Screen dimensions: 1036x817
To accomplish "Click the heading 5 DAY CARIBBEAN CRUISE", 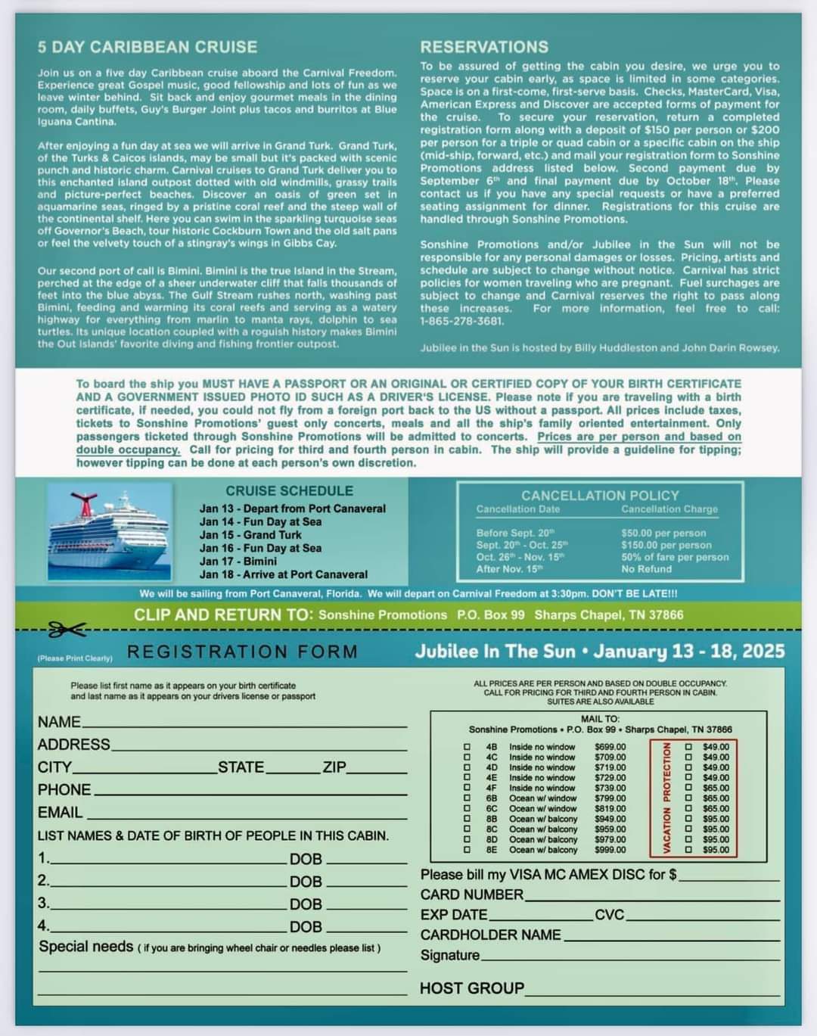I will pyautogui.click(x=148, y=47).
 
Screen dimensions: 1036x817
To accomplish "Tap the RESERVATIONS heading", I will pyautogui.click(x=484, y=47).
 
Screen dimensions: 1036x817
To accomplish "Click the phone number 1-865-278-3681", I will pyautogui.click(x=461, y=321).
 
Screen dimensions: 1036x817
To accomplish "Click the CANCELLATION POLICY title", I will pyautogui.click(x=600, y=495).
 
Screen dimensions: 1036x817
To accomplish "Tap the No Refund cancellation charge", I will pyautogui.click(x=646, y=569).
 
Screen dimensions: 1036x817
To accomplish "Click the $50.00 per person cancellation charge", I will pyautogui.click(x=663, y=533).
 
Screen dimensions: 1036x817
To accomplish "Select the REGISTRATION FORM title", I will pyautogui.click(x=242, y=652).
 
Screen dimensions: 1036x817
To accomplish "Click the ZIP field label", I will pyautogui.click(x=334, y=767).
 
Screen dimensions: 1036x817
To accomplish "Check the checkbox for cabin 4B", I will pyautogui.click(x=467, y=747).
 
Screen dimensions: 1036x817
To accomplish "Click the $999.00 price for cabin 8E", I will pyautogui.click(x=610, y=850).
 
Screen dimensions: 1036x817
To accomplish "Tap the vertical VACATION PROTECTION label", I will pyautogui.click(x=667, y=798).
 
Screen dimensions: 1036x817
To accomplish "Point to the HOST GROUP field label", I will pyautogui.click(x=471, y=988).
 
